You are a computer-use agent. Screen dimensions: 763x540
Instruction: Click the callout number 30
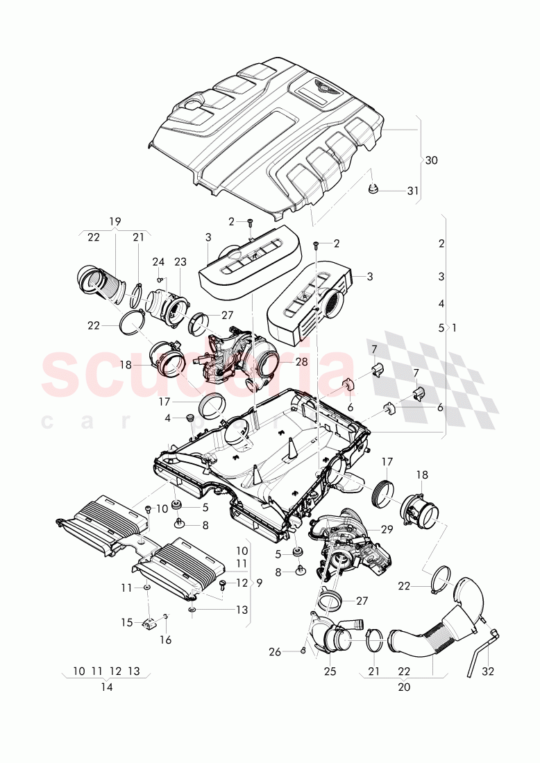pos(431,160)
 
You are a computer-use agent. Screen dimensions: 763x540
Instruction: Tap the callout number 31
pos(413,191)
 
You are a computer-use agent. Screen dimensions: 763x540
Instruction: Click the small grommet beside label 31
pos(374,188)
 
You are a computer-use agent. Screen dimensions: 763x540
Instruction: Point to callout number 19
pos(115,221)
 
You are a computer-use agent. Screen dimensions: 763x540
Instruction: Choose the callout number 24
pos(158,262)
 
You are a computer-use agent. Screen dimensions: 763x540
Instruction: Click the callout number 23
pos(181,262)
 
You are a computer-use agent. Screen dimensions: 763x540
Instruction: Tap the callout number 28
pos(301,361)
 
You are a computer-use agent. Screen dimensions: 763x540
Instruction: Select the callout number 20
pos(404,687)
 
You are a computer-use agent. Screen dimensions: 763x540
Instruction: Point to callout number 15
pos(127,623)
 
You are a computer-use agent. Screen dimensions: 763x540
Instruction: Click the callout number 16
pos(167,640)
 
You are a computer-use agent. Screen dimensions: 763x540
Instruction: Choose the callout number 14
pos(106,687)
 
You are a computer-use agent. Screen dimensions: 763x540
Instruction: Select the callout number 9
pos(259,583)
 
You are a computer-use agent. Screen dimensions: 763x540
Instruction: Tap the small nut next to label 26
pos(304,650)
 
